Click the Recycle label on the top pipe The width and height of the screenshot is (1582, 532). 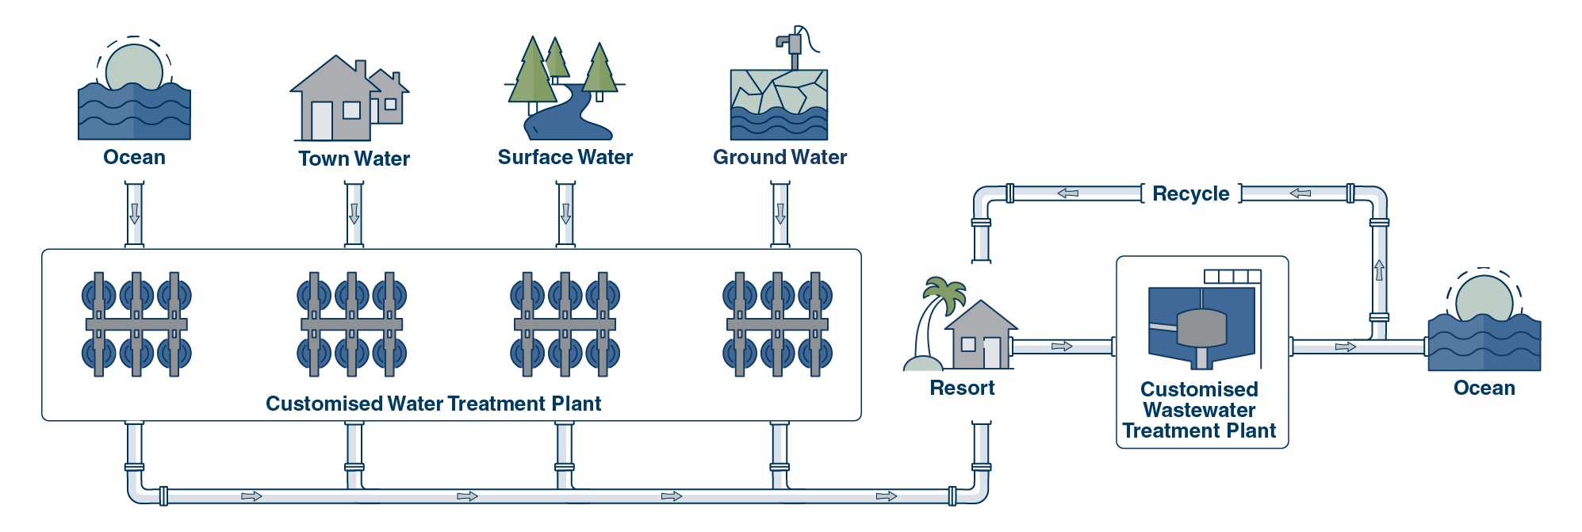1190,193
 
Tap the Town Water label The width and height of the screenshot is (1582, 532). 354,159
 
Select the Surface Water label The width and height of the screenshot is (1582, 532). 565,157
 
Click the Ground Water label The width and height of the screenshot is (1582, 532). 780,157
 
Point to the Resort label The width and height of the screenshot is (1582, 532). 962,388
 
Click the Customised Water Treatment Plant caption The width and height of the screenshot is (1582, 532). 433,404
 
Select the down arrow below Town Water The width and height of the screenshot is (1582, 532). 354,213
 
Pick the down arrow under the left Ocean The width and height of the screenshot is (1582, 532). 135,213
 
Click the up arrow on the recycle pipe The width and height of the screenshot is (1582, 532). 1379,270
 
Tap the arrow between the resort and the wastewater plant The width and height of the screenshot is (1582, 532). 1062,346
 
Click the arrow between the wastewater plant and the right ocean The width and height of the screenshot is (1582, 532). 1345,346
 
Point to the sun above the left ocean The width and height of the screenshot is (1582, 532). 134,67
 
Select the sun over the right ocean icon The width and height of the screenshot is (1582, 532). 1484,297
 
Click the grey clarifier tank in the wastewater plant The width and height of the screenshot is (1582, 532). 1201,327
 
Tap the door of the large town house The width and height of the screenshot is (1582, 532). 321,121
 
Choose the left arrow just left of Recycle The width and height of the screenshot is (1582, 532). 1067,193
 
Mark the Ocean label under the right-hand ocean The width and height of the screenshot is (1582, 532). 1484,388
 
